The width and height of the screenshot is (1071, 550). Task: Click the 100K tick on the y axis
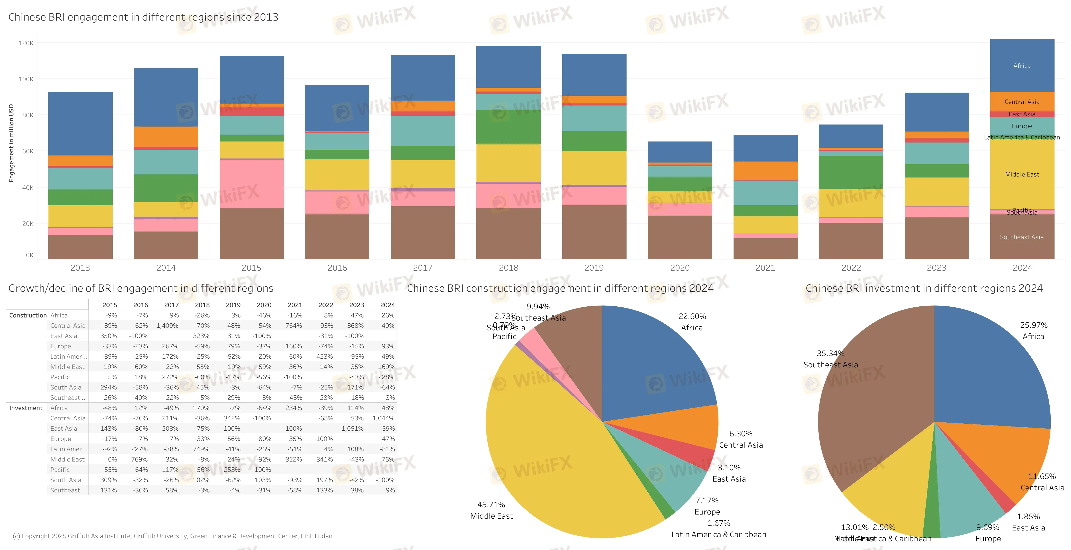click(x=26, y=79)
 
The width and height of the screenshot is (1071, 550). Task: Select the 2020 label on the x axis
click(x=679, y=268)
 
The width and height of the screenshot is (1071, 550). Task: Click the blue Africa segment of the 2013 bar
click(x=80, y=123)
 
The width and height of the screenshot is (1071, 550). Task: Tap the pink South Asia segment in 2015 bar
click(x=252, y=184)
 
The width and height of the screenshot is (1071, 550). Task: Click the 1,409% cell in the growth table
click(x=167, y=325)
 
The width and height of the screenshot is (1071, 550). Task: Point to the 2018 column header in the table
click(x=202, y=305)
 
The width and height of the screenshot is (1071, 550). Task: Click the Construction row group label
click(x=28, y=315)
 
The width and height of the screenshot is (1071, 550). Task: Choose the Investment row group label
click(x=26, y=408)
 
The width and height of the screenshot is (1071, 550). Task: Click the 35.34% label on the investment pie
click(x=830, y=353)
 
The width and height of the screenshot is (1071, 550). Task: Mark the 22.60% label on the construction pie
click(x=692, y=316)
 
